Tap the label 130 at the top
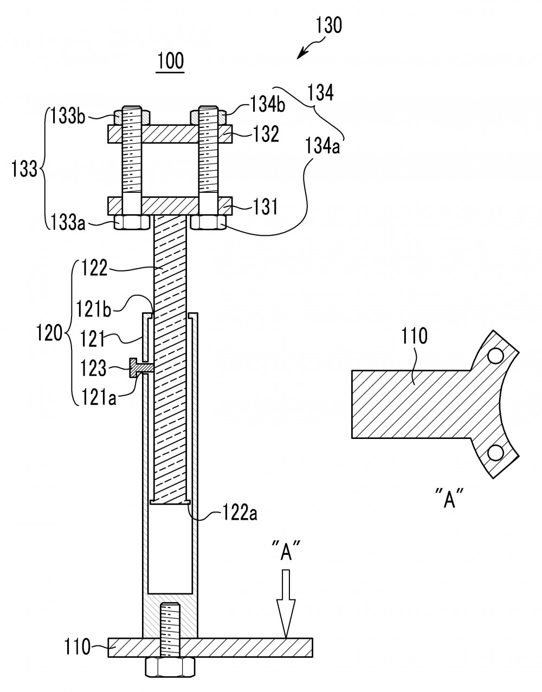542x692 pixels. click(328, 25)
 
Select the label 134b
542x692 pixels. click(268, 104)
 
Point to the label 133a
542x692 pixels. click(68, 223)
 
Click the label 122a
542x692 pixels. click(240, 513)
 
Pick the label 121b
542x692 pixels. click(93, 309)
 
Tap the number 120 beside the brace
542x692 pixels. click(48, 334)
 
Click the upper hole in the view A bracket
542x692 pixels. click(496, 355)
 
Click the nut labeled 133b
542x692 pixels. click(132, 118)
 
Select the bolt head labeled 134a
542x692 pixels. click(209, 222)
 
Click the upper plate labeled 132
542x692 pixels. click(170, 134)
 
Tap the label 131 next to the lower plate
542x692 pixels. click(265, 206)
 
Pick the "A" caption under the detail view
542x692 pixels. click(448, 499)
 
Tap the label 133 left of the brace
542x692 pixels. click(24, 169)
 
